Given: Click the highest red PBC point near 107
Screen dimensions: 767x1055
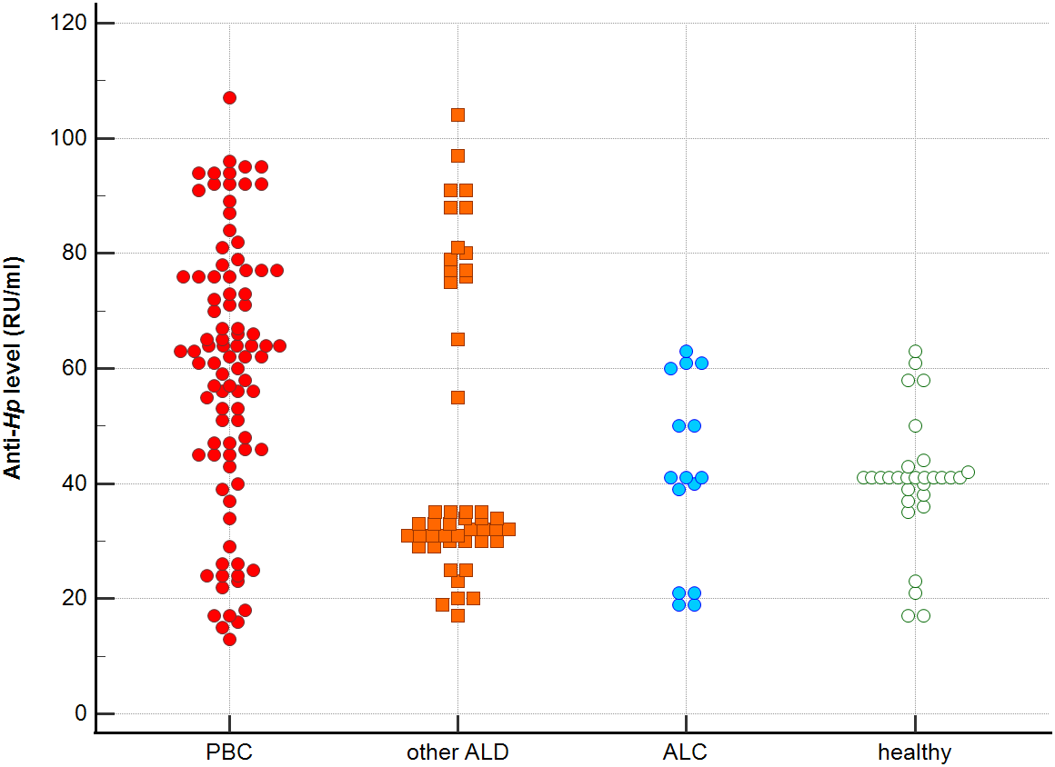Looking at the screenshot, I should [229, 97].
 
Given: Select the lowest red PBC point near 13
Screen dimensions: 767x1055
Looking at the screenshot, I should [229, 639].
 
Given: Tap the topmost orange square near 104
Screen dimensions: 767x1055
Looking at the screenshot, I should [457, 115].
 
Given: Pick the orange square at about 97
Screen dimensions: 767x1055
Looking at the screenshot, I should [457, 155].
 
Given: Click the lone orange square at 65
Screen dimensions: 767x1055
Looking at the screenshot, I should [457, 339].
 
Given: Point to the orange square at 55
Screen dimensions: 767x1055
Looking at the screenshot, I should [457, 397].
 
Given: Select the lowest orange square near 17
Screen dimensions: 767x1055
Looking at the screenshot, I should [457, 615].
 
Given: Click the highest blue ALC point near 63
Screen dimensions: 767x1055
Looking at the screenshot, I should [686, 351].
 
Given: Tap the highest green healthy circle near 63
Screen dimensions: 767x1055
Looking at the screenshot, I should [915, 351].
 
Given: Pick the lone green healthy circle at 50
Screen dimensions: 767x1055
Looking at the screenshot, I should [915, 425].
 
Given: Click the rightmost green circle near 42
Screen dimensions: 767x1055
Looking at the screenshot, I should [968, 472].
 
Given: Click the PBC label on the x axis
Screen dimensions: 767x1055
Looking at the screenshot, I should [229, 752].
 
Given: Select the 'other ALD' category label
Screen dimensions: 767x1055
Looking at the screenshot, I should [457, 752].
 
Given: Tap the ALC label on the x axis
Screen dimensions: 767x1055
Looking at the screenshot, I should [686, 752].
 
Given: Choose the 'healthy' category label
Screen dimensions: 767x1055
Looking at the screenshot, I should [914, 752].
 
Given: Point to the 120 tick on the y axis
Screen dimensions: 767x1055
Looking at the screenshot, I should [74, 23].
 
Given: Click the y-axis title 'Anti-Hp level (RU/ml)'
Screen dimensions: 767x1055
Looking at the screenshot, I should [14, 368].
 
